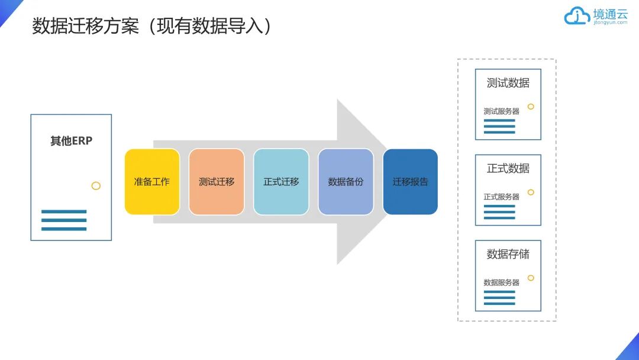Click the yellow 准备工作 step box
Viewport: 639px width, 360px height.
(x=152, y=182)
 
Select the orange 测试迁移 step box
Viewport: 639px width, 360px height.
(x=217, y=182)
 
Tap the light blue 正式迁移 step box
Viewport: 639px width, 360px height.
(x=281, y=182)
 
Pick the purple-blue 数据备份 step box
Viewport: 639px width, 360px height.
(x=346, y=182)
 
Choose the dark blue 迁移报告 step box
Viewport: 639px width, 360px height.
(x=410, y=182)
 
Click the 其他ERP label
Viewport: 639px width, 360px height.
(x=71, y=141)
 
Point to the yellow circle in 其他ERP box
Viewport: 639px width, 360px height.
(x=96, y=186)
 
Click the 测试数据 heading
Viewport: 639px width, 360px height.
(x=508, y=83)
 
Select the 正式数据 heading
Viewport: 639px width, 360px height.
(x=508, y=168)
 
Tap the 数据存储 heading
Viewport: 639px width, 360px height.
(x=508, y=254)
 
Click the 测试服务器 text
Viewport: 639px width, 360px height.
(x=501, y=111)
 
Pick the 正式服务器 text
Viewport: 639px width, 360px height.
(x=501, y=197)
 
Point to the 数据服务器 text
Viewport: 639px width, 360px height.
(x=501, y=282)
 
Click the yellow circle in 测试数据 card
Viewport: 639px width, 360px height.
(x=531, y=107)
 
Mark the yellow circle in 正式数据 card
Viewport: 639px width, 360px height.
(x=531, y=192)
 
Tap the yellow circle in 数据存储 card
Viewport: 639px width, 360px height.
(x=531, y=278)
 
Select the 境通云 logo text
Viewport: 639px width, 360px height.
(x=610, y=14)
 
